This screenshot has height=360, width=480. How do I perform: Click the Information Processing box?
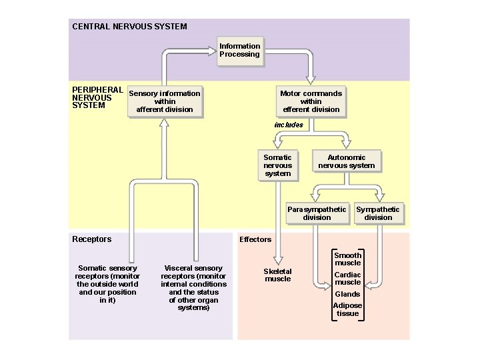[x=240, y=51]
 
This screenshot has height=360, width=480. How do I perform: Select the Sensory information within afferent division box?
[x=165, y=101]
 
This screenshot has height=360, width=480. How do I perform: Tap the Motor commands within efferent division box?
[x=311, y=101]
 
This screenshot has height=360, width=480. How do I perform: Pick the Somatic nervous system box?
[x=277, y=165]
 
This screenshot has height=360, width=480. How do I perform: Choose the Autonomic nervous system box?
[x=347, y=161]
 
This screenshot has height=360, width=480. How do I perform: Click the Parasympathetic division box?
[x=317, y=213]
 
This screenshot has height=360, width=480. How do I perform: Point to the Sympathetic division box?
[x=378, y=213]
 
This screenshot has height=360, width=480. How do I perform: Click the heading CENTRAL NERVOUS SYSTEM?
[x=129, y=27]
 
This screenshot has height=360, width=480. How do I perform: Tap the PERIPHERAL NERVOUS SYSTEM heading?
[x=97, y=97]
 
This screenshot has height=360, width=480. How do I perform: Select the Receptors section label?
[x=91, y=239]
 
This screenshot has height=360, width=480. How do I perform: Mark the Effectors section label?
[x=255, y=239]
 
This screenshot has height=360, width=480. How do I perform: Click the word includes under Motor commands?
[x=289, y=125]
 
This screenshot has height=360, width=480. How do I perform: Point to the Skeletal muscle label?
[x=278, y=275]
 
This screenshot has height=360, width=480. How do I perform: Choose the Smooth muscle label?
[x=347, y=259]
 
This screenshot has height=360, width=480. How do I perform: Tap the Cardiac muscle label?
[x=347, y=278]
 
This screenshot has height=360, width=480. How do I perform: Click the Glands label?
[x=347, y=294]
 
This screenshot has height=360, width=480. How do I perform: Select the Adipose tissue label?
[x=347, y=309]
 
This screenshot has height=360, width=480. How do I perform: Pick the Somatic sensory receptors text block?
[x=107, y=285]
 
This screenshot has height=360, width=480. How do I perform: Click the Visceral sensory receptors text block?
[x=193, y=288]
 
